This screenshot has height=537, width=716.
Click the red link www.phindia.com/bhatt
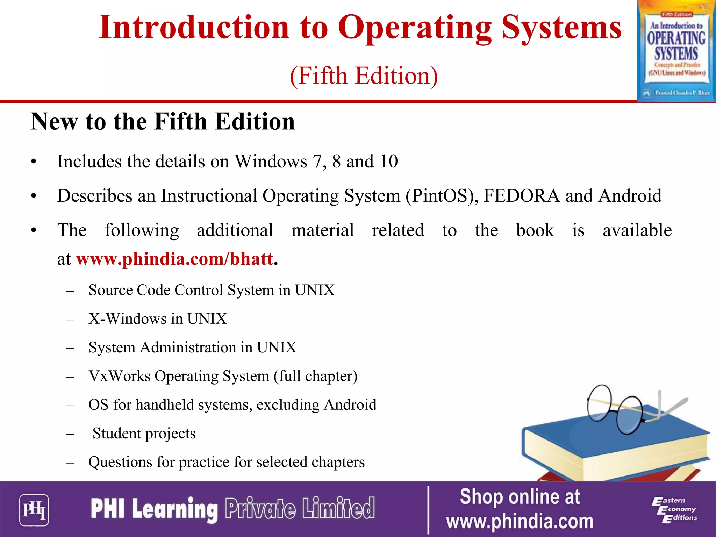[x=174, y=259]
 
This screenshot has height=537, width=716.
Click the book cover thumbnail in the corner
[x=676, y=51]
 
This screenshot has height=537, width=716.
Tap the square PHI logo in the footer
[x=34, y=510]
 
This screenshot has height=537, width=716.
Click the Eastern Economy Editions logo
[x=674, y=510]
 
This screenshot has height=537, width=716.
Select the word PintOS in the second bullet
[x=440, y=196]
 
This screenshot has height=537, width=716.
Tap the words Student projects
[x=144, y=434]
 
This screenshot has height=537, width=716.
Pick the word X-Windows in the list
[x=127, y=319]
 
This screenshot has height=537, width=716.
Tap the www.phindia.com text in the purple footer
[x=520, y=522]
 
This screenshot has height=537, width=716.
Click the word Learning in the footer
[x=175, y=509]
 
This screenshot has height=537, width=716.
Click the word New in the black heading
[x=54, y=122]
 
